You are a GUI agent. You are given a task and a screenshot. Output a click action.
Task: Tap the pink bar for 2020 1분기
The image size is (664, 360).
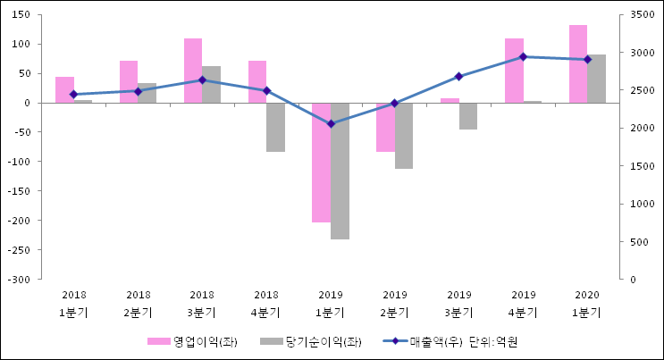(x=578, y=63)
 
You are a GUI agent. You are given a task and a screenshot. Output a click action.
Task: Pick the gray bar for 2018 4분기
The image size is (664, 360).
(x=275, y=127)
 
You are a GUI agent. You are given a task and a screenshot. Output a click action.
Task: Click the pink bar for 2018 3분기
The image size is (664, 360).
(x=193, y=71)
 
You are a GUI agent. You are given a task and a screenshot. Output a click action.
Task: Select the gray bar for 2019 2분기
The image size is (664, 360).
(x=404, y=135)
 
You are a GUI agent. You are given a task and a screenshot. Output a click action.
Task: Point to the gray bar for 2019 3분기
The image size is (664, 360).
(x=468, y=116)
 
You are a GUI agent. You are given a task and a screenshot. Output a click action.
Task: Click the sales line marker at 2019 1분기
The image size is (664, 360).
(x=331, y=123)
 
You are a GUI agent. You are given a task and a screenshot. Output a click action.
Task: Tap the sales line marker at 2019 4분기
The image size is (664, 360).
(x=523, y=56)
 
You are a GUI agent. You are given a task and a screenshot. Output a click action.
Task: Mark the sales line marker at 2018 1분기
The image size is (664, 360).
(x=73, y=94)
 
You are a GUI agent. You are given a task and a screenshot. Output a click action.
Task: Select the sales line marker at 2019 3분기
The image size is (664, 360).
(x=458, y=76)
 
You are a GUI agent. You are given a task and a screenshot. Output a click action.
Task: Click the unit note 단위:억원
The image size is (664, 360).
(x=493, y=342)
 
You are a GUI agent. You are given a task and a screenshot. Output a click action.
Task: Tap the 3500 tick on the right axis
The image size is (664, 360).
(x=642, y=15)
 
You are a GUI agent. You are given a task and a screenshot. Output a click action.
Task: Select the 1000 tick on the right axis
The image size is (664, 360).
(x=642, y=204)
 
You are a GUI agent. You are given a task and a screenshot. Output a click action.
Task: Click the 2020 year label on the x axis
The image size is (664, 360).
(x=587, y=295)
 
